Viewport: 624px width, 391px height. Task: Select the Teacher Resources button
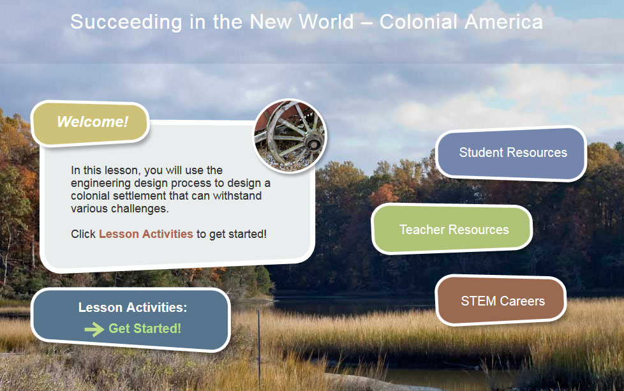pyautogui.click(x=452, y=229)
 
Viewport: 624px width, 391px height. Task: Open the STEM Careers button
pyautogui.click(x=501, y=300)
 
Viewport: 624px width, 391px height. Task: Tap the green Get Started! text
pyautogui.click(x=145, y=328)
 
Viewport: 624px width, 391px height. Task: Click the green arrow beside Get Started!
pyautogui.click(x=94, y=329)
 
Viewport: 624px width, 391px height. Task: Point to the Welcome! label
pyautogui.click(x=93, y=122)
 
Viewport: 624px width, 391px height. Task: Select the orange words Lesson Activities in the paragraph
pyautogui.click(x=146, y=234)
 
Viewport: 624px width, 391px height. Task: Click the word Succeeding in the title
pyautogui.click(x=126, y=22)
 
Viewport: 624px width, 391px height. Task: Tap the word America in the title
pyautogui.click(x=503, y=22)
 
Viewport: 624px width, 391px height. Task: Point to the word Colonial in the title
pyautogui.click(x=418, y=22)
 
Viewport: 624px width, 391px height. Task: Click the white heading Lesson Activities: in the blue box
pyautogui.click(x=133, y=307)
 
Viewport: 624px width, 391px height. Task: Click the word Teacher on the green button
pyautogui.click(x=422, y=230)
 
